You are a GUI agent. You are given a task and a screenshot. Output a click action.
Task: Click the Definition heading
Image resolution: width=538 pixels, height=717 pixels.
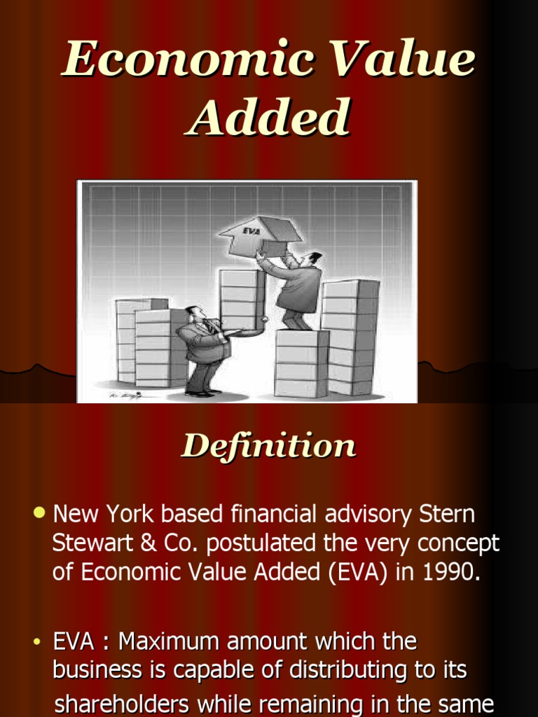pyautogui.click(x=269, y=446)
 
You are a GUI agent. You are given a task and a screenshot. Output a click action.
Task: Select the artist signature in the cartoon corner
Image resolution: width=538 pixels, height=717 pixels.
pyautogui.click(x=123, y=395)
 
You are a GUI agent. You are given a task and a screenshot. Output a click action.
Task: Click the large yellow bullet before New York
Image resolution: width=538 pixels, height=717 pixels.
pyautogui.click(x=39, y=513)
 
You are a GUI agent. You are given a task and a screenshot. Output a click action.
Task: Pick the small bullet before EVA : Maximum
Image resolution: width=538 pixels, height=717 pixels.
pyautogui.click(x=40, y=641)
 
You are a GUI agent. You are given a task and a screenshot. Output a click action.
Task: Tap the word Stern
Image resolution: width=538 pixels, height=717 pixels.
pyautogui.click(x=447, y=514)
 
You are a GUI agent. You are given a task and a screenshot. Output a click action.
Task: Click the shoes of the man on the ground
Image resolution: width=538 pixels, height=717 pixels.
pyautogui.click(x=200, y=393)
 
